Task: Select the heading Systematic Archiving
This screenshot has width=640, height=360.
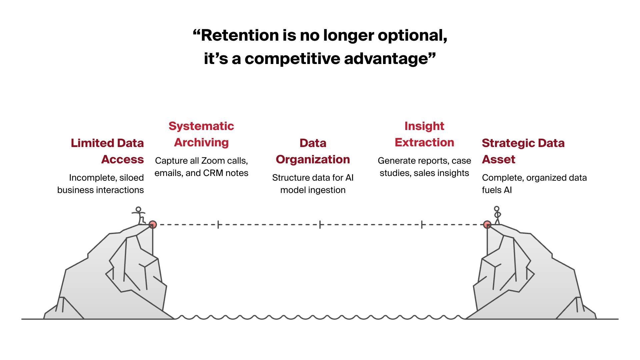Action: point(201,134)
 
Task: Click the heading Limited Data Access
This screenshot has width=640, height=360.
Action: point(107,151)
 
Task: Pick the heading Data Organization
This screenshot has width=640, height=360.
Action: point(313,151)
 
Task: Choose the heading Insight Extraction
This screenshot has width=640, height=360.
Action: point(424,134)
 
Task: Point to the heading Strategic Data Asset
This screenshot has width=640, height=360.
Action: point(523,151)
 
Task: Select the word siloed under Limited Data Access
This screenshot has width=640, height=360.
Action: point(131,178)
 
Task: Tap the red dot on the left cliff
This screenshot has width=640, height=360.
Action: point(152,224)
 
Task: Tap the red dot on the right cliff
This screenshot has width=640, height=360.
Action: point(487,224)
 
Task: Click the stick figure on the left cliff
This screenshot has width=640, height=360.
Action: point(139,215)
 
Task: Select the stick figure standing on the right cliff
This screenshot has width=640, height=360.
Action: point(497,215)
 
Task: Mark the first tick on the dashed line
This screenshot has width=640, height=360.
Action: point(218,225)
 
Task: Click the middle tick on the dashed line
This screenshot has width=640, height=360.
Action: point(320,225)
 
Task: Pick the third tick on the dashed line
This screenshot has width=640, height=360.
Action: point(422,225)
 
